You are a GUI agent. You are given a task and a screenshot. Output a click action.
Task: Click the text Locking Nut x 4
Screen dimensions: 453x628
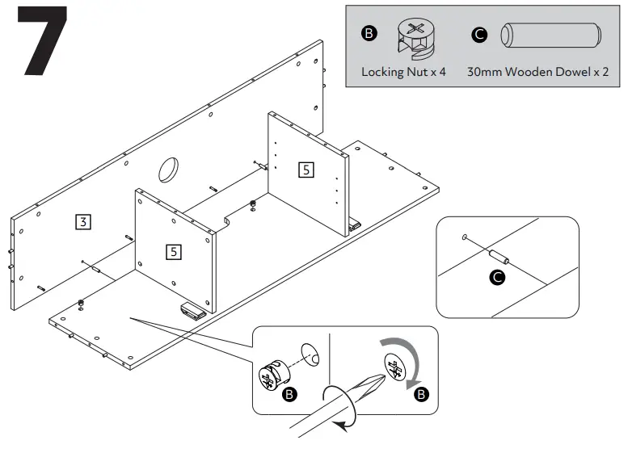click(403, 72)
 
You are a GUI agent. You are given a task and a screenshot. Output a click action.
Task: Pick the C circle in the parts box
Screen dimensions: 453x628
click(479, 35)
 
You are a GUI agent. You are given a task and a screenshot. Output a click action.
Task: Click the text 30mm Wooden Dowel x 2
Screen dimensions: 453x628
click(537, 72)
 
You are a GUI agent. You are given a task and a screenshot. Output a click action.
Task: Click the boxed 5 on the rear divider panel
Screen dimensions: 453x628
click(306, 170)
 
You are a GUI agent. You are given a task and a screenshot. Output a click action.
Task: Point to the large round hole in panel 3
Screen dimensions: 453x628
click(170, 169)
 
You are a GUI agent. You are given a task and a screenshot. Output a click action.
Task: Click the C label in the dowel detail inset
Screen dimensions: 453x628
click(498, 279)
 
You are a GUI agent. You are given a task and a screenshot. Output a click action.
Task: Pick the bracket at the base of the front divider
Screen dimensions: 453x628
click(191, 310)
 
